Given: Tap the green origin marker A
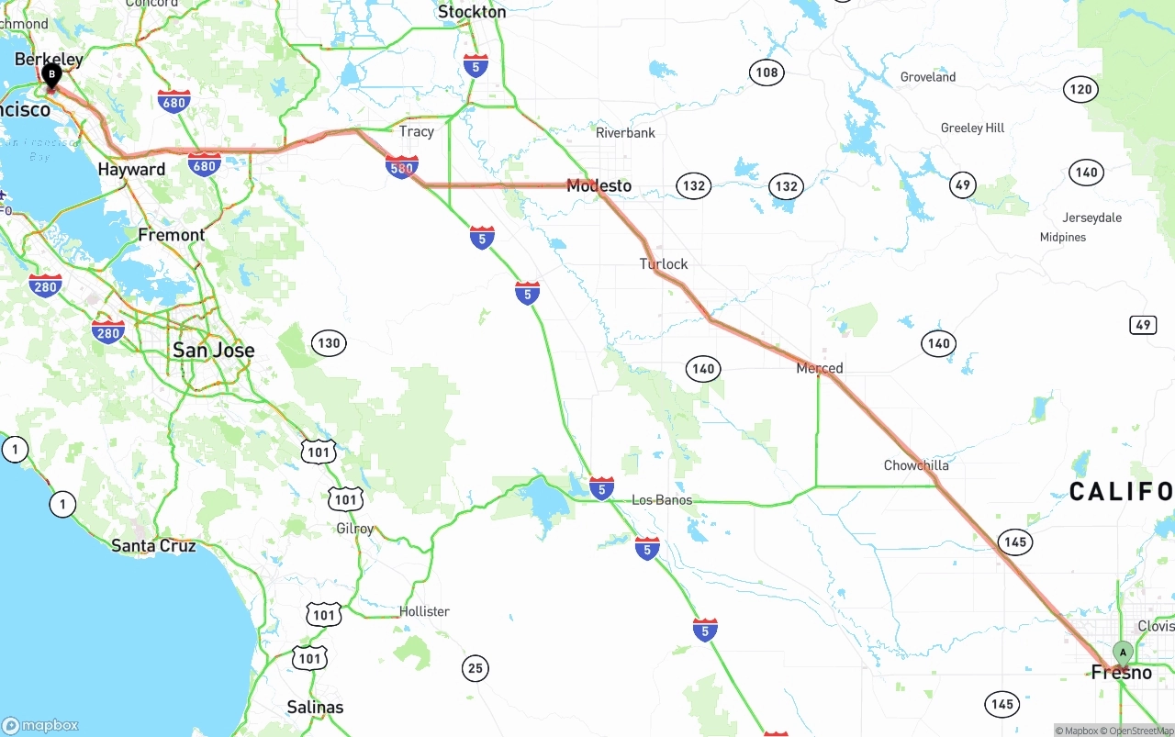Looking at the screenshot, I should coord(1122,653).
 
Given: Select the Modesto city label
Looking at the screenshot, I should coord(599,186).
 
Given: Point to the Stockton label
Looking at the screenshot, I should coord(472,12).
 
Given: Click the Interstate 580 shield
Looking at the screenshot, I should coord(402,167).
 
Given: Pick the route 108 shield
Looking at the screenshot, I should coord(767,73).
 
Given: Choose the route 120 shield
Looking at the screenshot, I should coord(1081,89).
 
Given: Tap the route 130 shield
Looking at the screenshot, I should coord(328,343).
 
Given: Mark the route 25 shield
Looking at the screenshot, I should coord(475,668).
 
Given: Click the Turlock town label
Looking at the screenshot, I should coord(664,264).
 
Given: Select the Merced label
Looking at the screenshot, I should coord(820,368).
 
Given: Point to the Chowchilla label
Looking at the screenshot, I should coord(916,465).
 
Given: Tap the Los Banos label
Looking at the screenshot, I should coord(662,500).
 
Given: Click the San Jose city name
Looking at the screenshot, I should coord(214,350).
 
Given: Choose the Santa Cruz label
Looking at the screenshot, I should coord(153,545).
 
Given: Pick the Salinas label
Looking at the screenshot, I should coord(315,707).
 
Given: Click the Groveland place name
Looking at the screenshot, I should coord(928,77).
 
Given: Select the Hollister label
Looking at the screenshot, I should coord(424,611).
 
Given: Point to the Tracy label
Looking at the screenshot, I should coord(417,131).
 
